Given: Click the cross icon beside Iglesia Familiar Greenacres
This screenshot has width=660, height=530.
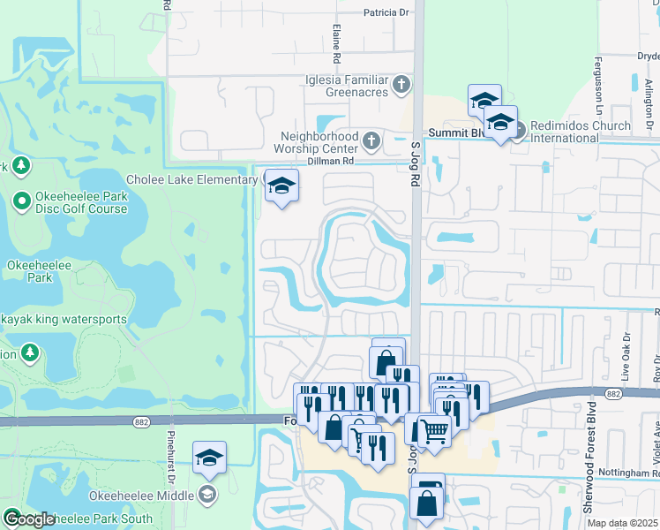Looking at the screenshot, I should (401, 85).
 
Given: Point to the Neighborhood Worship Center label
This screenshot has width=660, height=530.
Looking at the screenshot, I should (319, 142).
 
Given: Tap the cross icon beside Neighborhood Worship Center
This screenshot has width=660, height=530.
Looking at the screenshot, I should (371, 140).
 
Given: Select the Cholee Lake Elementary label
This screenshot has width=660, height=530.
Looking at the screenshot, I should (191, 179).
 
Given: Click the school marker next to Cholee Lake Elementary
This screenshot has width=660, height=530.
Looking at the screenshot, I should (281, 185).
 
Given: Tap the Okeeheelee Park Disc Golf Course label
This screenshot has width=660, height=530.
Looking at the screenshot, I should (83, 203).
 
